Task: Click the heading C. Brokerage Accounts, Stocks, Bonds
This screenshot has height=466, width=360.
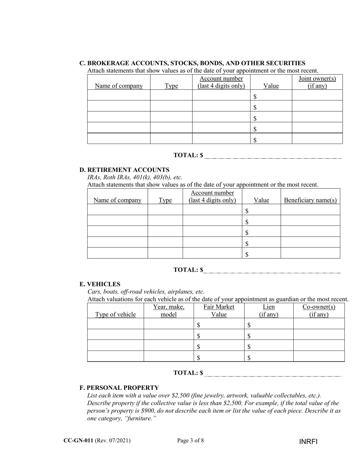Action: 192,63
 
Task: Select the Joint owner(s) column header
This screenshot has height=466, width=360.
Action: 317,82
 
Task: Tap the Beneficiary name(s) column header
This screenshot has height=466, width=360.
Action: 310,200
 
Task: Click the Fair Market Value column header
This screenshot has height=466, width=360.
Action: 219,311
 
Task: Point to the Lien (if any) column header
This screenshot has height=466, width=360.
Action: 269,311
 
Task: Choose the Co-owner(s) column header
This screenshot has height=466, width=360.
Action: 319,311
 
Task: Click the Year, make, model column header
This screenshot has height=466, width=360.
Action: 169,311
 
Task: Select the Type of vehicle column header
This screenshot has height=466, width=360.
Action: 115,314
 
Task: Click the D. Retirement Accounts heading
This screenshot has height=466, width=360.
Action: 124,170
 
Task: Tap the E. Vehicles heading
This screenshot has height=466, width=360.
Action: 100,284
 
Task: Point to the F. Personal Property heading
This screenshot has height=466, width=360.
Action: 119,388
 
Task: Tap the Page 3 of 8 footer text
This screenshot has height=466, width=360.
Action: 191,440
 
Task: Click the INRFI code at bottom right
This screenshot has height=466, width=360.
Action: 308,442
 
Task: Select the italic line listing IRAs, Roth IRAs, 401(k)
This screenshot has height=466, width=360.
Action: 135,177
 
